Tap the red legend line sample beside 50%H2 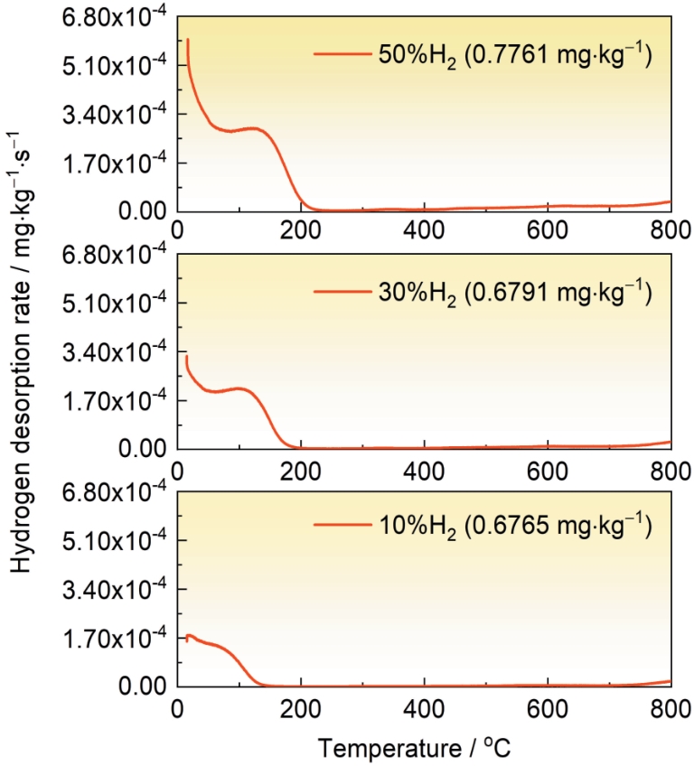(342, 54)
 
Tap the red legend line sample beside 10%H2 (342, 525)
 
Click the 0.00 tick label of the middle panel (143, 449)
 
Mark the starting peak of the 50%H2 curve (187, 40)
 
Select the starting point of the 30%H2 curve (186, 357)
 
